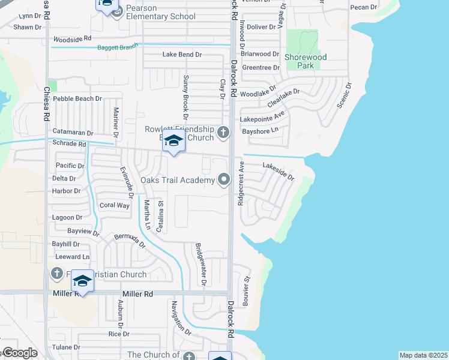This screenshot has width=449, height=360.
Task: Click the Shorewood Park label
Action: (306, 61)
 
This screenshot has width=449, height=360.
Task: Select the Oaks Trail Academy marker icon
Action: (224, 179)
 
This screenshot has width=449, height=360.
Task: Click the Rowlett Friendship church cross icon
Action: (223, 132)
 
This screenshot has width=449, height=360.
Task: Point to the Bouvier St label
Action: (246, 292)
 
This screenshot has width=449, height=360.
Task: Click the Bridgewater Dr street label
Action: (200, 264)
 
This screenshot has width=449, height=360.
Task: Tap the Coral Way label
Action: (114, 205)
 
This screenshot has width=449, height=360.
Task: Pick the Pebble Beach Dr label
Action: (77, 98)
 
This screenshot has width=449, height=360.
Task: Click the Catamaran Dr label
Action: (73, 133)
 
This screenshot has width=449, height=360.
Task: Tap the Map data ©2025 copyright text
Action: (423, 355)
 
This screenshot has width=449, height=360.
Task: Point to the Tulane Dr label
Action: (66, 347)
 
